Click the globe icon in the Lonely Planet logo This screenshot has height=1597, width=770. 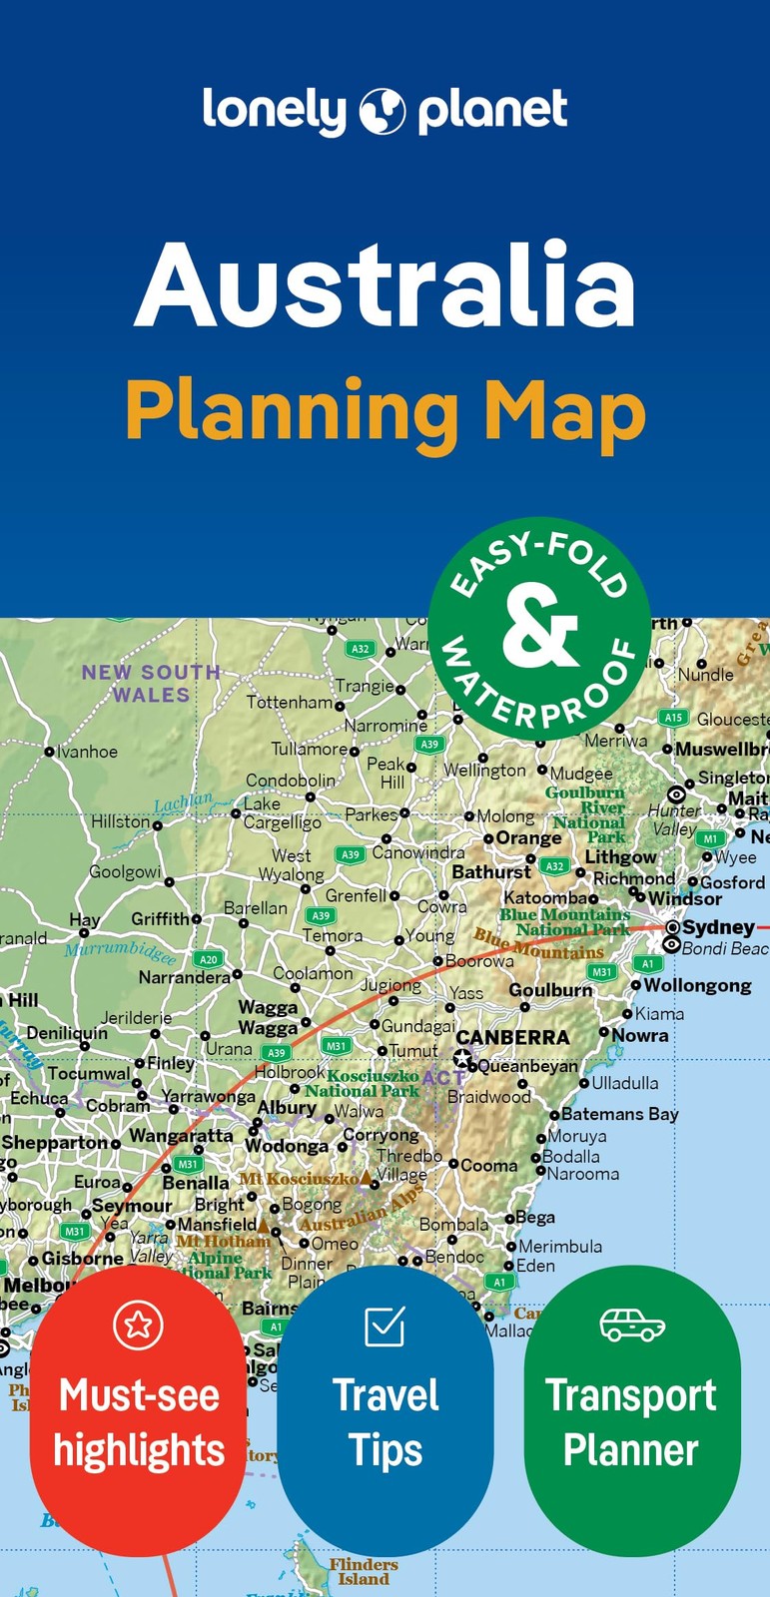[383, 111]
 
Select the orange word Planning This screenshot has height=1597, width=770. [291, 412]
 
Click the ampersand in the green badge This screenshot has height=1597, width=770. [540, 628]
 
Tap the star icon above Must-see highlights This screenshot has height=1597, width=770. [138, 1325]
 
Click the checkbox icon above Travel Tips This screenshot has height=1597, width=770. [385, 1326]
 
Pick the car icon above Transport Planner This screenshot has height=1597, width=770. [632, 1326]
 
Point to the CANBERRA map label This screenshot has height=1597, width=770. [512, 1037]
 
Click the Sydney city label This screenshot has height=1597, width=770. [718, 926]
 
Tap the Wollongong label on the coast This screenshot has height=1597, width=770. [697, 985]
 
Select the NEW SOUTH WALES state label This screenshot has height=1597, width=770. [151, 684]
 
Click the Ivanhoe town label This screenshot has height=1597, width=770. [87, 752]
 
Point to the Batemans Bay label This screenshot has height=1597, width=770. [619, 1114]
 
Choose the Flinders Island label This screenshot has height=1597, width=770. [364, 1572]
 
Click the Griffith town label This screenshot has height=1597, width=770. [160, 918]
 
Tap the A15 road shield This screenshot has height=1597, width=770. [674, 717]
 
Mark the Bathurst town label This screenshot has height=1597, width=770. [491, 871]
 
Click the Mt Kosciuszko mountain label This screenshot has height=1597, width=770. [298, 1179]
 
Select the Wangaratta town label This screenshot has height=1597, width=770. [181, 1135]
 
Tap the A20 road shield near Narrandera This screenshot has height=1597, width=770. [208, 959]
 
